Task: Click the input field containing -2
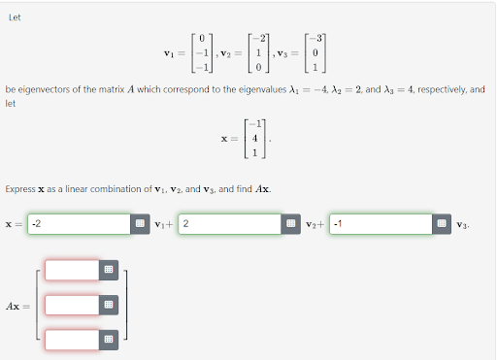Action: (78, 225)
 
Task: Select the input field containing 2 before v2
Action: (227, 225)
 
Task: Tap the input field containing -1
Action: (380, 225)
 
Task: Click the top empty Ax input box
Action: (72, 269)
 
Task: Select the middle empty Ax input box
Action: (72, 305)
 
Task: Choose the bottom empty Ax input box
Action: (72, 340)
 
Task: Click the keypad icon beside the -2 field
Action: (140, 225)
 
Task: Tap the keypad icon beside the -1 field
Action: (442, 225)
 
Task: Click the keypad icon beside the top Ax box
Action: (109, 269)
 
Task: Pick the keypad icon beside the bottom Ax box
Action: (109, 340)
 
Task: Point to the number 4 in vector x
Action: (254, 139)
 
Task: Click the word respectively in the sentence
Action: (439, 89)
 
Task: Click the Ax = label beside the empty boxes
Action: (17, 306)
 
